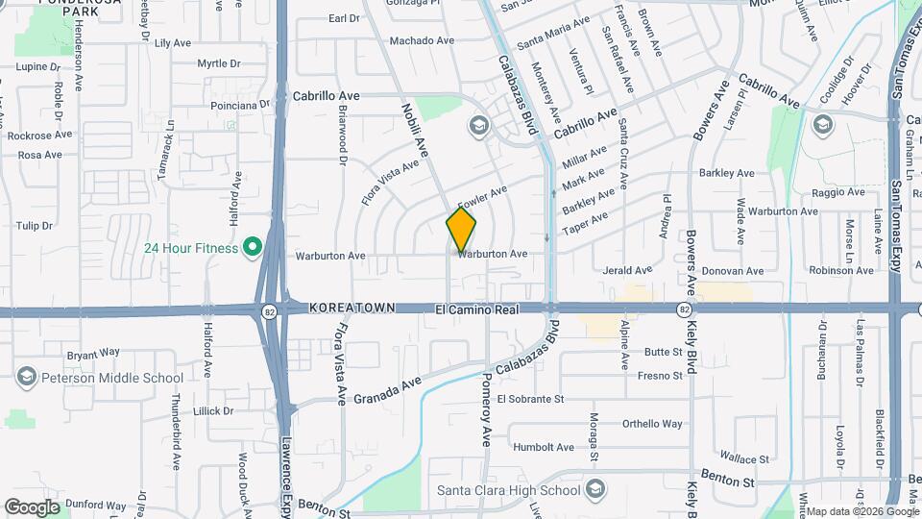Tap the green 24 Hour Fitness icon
[x=253, y=248]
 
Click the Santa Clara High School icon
[x=595, y=490]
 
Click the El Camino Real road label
[x=476, y=309]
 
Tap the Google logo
[x=31, y=507]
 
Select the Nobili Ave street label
[x=414, y=131]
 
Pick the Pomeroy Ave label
[x=486, y=409]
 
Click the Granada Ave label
[x=388, y=390]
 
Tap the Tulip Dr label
[x=34, y=226]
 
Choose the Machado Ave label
[x=422, y=40]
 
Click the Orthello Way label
[x=652, y=423]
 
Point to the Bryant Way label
[x=93, y=354]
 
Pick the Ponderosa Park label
[x=73, y=8]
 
